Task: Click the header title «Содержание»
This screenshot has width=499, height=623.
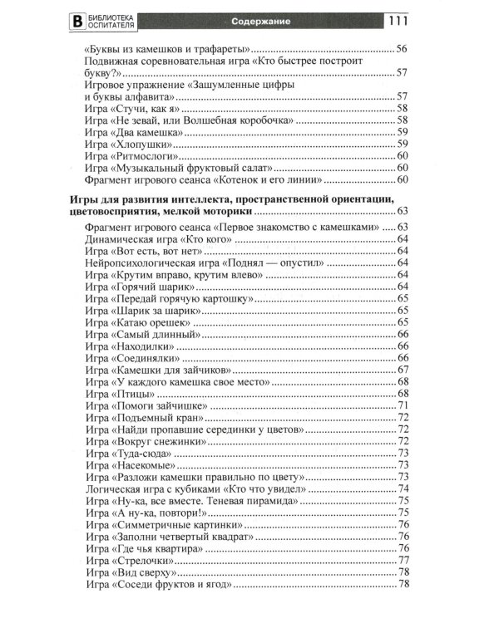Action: [249, 18]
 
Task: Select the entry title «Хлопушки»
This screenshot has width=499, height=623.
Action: [142, 144]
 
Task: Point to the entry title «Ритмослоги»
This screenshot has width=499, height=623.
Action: [145, 155]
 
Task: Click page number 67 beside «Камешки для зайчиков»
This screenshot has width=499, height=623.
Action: [402, 370]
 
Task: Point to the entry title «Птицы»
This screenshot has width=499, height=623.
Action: [133, 393]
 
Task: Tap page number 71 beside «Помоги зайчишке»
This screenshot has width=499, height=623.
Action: [402, 405]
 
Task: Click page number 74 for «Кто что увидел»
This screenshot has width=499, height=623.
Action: [402, 489]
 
